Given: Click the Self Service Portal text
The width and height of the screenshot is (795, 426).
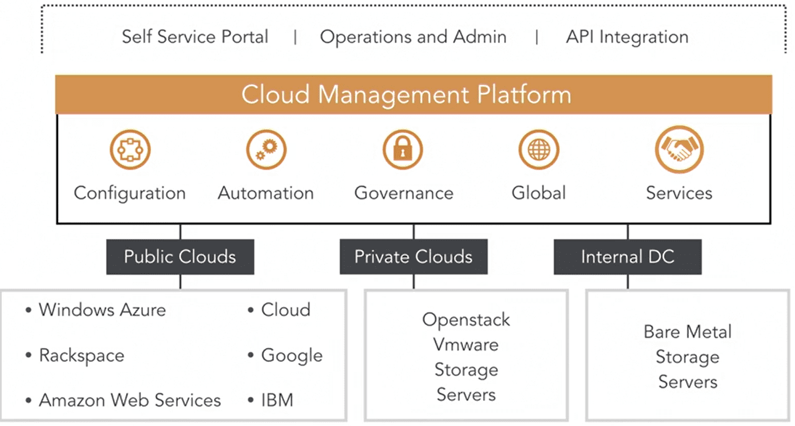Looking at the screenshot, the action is tap(195, 37).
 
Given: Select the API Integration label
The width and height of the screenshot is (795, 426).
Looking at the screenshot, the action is tap(627, 37).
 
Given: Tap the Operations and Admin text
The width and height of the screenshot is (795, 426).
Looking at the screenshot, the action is tap(413, 37).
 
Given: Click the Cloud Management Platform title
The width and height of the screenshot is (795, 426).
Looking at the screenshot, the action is tap(406, 95).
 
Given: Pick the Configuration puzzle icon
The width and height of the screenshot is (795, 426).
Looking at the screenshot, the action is tap(130, 150).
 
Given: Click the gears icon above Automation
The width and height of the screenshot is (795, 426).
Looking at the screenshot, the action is tap(266, 150).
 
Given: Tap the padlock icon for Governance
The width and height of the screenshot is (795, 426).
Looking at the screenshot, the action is tap(403, 150).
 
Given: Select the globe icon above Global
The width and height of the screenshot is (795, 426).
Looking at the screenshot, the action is tap(539, 150).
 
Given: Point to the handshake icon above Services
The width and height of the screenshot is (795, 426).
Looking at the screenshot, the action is tap(679, 149).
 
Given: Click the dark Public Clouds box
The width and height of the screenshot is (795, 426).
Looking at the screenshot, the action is tap(180, 257).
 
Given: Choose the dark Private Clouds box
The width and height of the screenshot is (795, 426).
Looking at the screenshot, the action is tap(414, 257).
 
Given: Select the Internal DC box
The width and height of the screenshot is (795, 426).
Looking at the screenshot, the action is tap(628, 257).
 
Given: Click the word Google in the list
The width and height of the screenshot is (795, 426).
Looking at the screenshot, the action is tap(292, 356).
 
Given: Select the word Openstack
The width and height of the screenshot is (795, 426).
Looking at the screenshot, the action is tap(466, 320).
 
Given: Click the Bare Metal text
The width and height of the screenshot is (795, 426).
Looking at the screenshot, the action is tap(688, 332).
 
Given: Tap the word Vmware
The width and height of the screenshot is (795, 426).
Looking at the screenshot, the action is tap(466, 345).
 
